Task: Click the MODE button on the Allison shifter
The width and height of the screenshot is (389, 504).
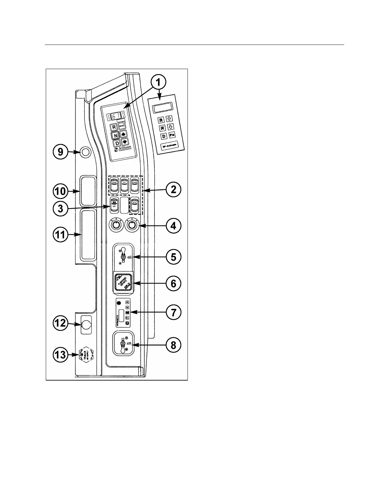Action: pyautogui.click(x=122, y=126)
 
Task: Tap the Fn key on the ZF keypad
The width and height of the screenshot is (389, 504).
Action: pyautogui.click(x=172, y=136)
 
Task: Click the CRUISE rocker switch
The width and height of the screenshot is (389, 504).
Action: pyautogui.click(x=114, y=186)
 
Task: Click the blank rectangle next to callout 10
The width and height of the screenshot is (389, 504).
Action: pyautogui.click(x=87, y=191)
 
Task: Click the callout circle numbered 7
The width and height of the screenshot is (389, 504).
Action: pyautogui.click(x=174, y=312)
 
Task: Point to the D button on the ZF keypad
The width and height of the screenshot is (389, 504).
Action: pyautogui.click(x=163, y=136)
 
